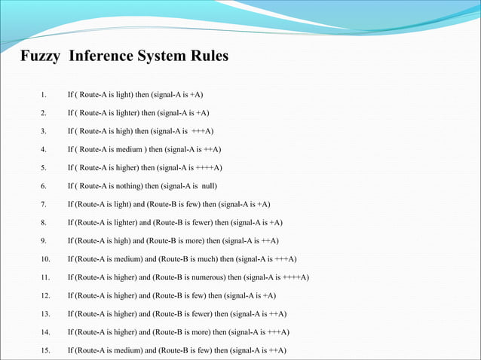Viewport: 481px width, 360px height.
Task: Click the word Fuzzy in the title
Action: pos(39,57)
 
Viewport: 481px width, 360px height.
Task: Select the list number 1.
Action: pos(44,95)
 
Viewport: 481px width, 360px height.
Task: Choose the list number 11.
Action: pos(44,278)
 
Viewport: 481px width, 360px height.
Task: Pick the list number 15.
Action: pos(44,350)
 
